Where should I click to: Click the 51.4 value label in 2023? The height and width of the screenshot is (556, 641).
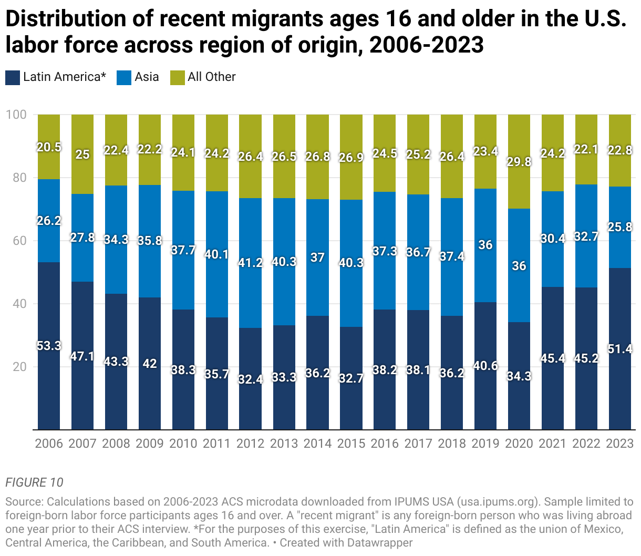[620, 349]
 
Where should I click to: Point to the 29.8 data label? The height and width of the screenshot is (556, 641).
[519, 162]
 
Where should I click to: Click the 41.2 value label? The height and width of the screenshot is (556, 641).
[250, 263]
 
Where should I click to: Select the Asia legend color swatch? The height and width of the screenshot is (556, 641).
[124, 77]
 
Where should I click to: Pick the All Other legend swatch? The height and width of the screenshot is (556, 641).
[178, 77]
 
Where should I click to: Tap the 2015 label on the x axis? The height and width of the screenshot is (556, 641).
[351, 444]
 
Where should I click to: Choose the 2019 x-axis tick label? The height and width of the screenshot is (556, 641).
[485, 444]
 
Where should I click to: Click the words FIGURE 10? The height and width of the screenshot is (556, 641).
[34, 482]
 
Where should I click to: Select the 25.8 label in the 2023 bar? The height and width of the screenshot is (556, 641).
[620, 227]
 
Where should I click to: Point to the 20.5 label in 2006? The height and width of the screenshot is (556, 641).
[49, 147]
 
